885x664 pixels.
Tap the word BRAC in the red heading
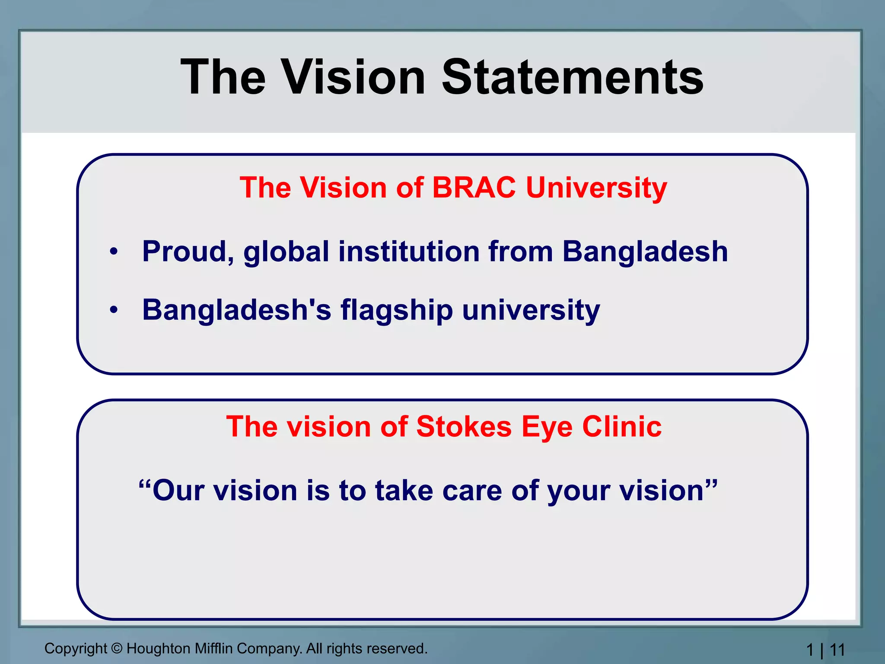(x=474, y=188)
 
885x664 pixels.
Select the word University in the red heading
(x=596, y=188)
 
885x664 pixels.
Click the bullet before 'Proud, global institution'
(x=114, y=251)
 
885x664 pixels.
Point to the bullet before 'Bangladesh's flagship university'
(x=114, y=310)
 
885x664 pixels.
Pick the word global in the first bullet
(x=286, y=252)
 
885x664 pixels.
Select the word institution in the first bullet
(x=409, y=252)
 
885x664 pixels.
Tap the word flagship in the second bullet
(x=397, y=310)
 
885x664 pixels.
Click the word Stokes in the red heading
(x=464, y=427)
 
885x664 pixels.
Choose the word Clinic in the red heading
(x=622, y=427)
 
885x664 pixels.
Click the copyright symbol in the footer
(x=117, y=648)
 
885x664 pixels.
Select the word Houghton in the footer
(x=159, y=648)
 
